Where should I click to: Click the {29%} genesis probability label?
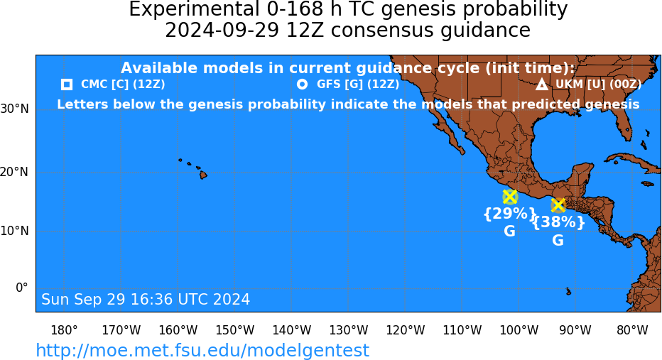pos(509,214)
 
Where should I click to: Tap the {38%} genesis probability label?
pos(558,222)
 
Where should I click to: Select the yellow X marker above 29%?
pos(510,197)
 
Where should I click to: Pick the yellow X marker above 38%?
pos(558,205)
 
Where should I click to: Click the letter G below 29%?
pos(509,231)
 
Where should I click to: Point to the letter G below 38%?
pos(558,240)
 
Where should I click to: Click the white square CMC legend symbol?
pos(66,84)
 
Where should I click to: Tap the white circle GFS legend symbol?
pos(302,84)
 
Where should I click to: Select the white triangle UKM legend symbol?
pos(542,84)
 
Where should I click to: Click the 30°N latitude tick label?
pos(15,109)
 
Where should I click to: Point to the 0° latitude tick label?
pos(21,288)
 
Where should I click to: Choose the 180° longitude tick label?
pos(64,330)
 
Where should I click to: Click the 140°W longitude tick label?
pos(292,330)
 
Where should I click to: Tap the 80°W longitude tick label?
pos(633,330)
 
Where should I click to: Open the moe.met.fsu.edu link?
pos(202,350)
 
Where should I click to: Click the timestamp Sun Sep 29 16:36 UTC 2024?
pos(146,299)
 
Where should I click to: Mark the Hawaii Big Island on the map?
pos(203,174)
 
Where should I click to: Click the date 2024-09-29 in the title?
pos(222,31)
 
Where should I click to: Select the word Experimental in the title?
pos(194,9)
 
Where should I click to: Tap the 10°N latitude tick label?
pos(15,231)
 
